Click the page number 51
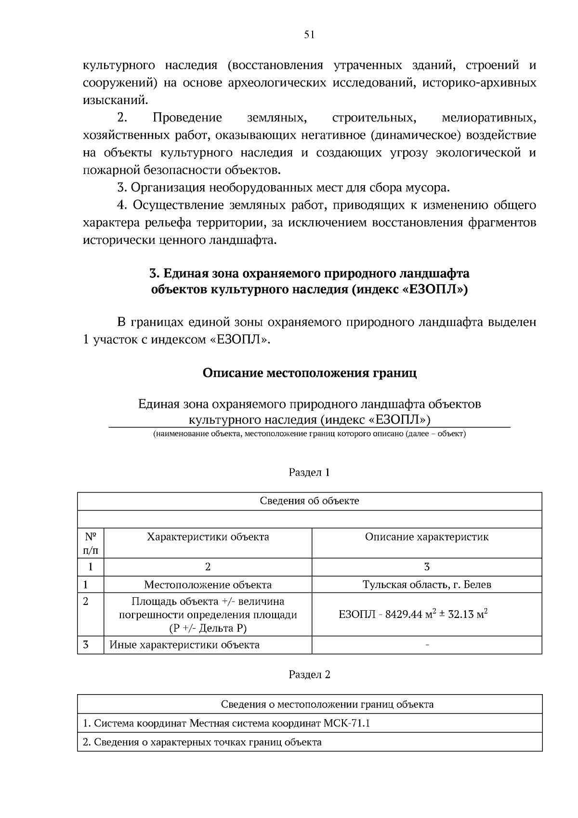coord(309,34)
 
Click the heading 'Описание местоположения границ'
coord(309,373)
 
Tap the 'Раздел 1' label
coord(309,472)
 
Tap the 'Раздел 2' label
coord(309,674)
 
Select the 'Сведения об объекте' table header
coord(309,501)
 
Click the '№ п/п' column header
coord(91,543)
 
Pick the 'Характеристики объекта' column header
coord(208,537)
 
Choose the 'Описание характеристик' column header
coord(426,537)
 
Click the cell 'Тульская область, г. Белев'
coord(426,585)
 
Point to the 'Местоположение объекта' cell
coord(208,585)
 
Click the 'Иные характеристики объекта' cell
coord(184,645)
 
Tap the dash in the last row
coord(427,645)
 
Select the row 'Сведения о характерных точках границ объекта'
coord(202,742)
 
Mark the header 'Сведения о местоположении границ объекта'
coord(327,705)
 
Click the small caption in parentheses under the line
coord(309,434)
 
